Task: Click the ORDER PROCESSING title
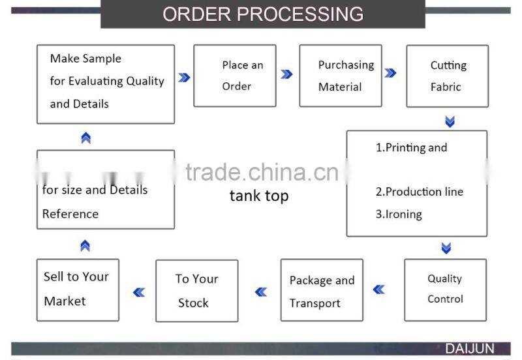[x=262, y=14]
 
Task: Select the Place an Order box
[x=235, y=76]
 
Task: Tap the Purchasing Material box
[x=341, y=76]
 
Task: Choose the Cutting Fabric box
[x=447, y=76]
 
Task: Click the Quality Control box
[x=445, y=289]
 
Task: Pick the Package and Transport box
[x=322, y=291]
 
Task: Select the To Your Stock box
[x=196, y=291]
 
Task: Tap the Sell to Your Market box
[x=78, y=289]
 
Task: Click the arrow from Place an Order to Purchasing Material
[x=286, y=74]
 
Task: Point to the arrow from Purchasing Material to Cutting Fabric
[x=390, y=74]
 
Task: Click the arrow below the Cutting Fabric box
[x=450, y=121]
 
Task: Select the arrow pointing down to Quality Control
[x=446, y=248]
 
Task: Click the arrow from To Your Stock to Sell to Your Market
[x=138, y=292]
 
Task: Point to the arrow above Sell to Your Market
[x=85, y=246]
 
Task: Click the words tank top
[x=259, y=196]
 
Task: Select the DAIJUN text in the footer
[x=470, y=349]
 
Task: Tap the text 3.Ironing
[x=399, y=214]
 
